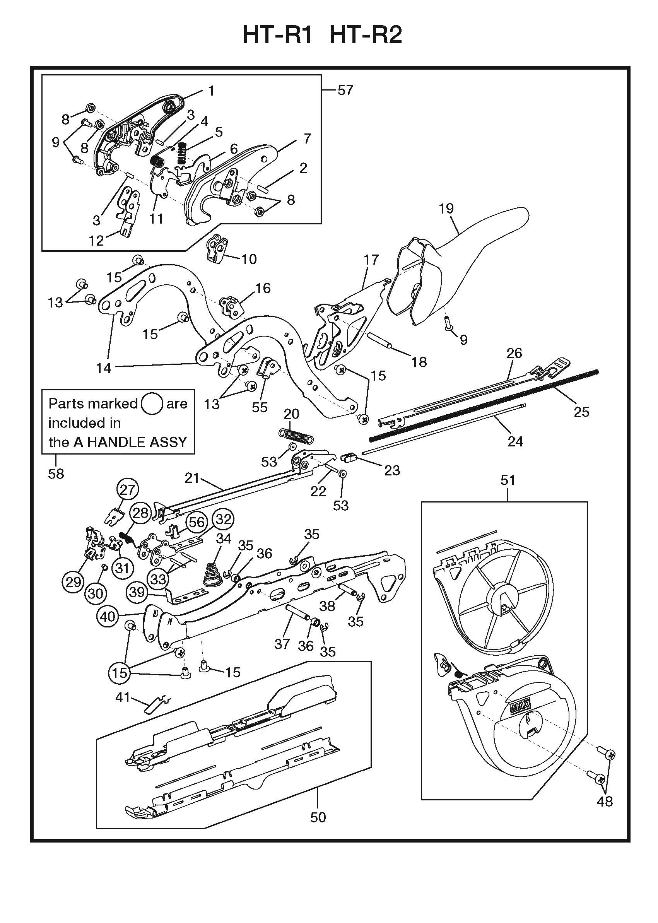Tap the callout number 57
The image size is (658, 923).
tap(345, 90)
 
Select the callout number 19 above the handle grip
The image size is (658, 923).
tap(446, 209)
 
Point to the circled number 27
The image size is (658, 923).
tap(127, 489)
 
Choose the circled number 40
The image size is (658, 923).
tap(108, 617)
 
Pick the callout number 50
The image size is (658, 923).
tap(318, 817)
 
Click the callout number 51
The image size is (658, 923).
tap(508, 480)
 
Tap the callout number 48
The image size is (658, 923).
tap(605, 801)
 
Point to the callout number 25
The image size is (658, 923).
tap(581, 412)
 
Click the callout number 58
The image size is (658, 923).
tap(56, 473)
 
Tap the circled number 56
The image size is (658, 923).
tap(197, 522)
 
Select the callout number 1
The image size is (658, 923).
tap(211, 91)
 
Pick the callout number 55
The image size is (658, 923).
tap(260, 407)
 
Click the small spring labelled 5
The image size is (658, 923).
tap(182, 153)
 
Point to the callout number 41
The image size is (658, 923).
tap(122, 697)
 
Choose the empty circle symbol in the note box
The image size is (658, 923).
tap(152, 403)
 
